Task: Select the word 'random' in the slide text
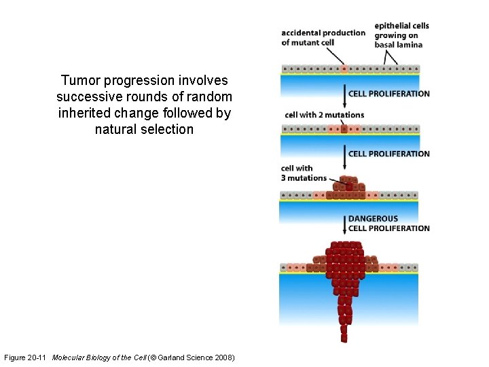point(210,97)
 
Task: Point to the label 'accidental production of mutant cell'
point(323,37)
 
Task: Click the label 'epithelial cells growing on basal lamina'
point(401,35)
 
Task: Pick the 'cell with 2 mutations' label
point(324,115)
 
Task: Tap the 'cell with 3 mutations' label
point(304,173)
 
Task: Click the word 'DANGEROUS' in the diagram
point(373,219)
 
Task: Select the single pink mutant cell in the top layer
point(344,69)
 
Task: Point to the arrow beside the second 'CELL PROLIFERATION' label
point(344,155)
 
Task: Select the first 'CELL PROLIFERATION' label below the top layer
point(388,94)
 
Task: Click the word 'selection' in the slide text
point(168,129)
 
